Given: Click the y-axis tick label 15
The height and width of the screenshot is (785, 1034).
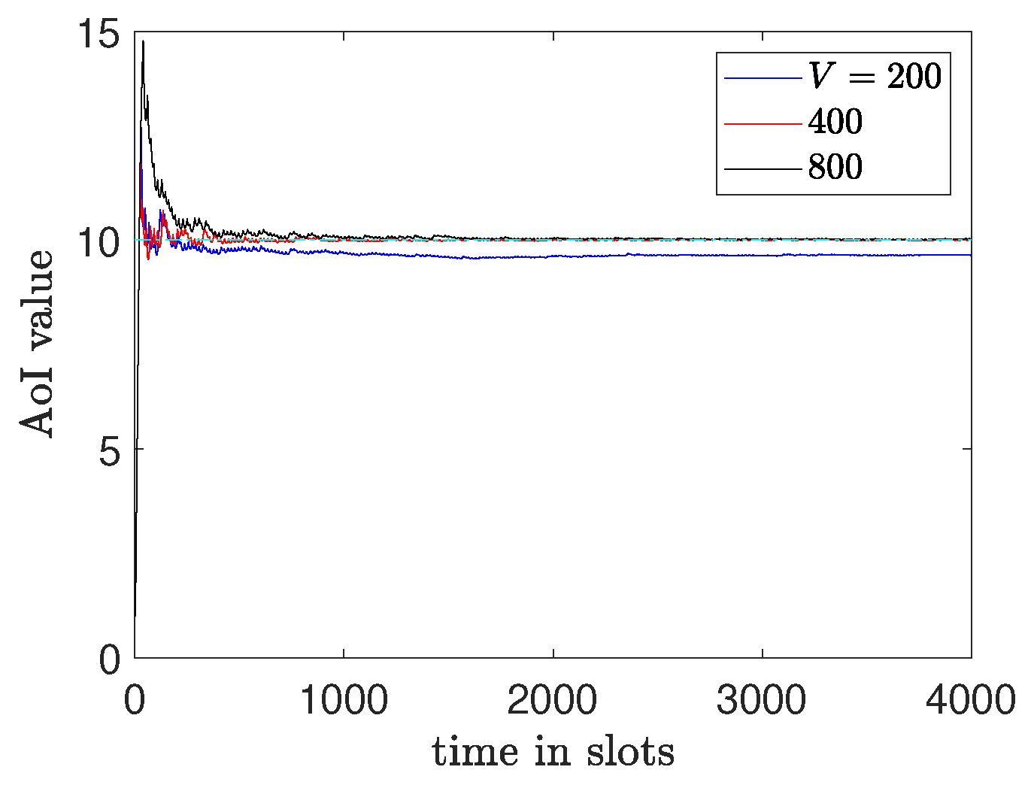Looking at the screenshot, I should [100, 36].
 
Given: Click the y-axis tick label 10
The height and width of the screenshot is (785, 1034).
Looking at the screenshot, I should [100, 245].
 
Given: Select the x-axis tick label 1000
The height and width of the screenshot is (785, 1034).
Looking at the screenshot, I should [344, 701].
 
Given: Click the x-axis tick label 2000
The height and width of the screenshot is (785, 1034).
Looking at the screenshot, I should [553, 701].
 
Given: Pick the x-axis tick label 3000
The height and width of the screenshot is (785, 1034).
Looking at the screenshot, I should [762, 701].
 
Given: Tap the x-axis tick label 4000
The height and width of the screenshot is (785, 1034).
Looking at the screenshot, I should [971, 701].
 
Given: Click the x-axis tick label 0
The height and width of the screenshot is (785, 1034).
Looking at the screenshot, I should [135, 701].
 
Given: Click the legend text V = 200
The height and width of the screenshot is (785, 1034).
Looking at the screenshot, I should [875, 76].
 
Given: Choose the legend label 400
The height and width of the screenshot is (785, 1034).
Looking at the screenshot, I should [835, 122].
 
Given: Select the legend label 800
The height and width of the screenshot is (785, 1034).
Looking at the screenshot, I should [835, 167].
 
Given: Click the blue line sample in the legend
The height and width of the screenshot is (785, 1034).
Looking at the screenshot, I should [763, 77].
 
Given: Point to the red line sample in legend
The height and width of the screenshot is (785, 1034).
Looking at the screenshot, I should [763, 123].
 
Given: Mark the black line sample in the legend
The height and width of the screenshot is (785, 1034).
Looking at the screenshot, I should [763, 168].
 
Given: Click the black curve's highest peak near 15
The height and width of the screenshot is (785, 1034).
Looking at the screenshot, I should [143, 41].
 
